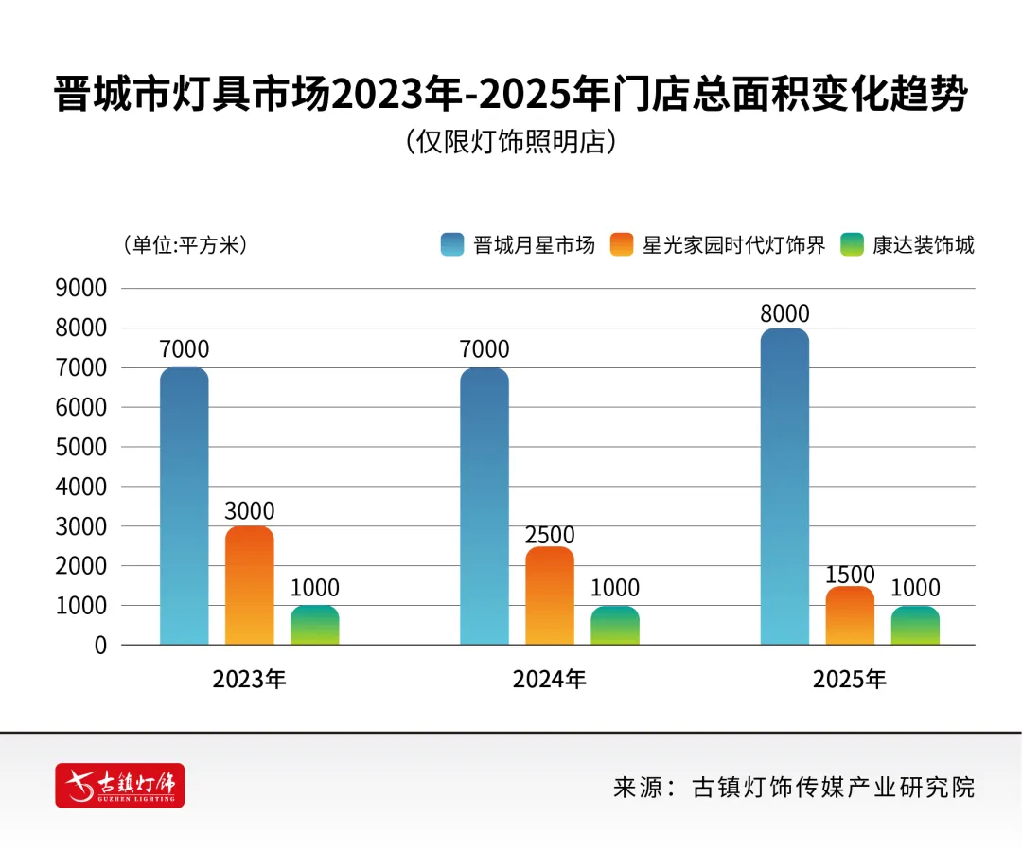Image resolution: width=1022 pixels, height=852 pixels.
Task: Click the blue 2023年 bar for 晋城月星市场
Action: coord(184,506)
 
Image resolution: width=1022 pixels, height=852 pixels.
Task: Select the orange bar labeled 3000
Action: coord(249,586)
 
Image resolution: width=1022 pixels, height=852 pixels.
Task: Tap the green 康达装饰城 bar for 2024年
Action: coord(615,626)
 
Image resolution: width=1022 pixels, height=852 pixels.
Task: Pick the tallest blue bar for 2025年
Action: coord(784,487)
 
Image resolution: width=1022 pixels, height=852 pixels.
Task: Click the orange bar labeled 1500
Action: coord(850,615)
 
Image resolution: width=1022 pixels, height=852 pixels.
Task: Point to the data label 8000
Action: coord(784,314)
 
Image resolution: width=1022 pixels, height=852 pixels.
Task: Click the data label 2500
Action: coord(550,535)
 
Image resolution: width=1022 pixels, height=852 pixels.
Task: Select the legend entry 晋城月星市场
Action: coord(519,245)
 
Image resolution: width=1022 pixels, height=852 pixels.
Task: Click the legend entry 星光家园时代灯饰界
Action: coord(718,245)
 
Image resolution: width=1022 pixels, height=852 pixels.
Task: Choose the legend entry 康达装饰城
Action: coord(907,245)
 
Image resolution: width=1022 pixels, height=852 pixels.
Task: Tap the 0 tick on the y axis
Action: coord(99,646)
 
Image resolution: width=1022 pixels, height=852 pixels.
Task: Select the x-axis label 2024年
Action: coord(550,680)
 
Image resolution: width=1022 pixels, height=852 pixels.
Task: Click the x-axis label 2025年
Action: coord(850,680)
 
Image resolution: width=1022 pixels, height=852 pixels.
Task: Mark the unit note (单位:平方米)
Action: coord(185,245)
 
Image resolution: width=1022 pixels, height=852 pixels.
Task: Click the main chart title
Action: coord(511,96)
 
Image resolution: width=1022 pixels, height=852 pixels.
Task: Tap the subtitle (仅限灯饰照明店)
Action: coord(511,143)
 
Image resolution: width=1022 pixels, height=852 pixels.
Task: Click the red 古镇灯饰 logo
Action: coord(120,785)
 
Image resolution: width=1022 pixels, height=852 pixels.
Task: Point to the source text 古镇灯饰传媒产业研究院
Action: coord(833,787)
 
